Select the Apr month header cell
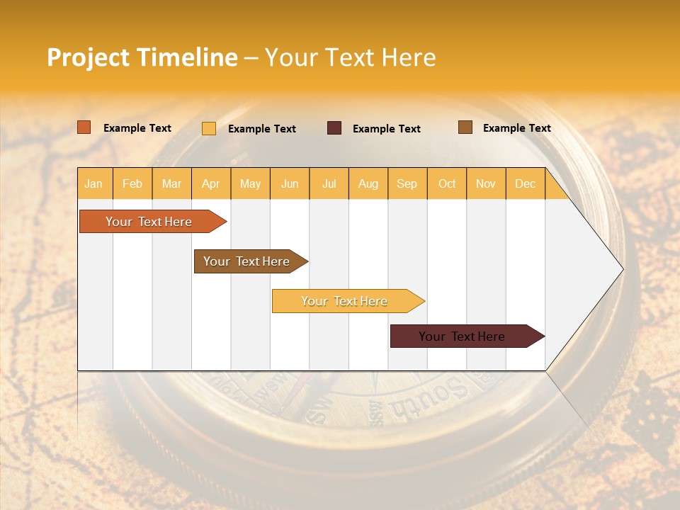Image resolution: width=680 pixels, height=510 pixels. [211, 183]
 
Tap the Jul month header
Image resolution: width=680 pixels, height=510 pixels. [329, 183]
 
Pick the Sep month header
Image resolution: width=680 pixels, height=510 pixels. [407, 183]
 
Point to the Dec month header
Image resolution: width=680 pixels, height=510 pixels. [525, 183]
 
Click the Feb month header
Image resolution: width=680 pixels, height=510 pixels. [132, 183]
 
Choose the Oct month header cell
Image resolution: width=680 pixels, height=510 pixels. [447, 183]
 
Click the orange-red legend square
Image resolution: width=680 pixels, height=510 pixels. [84, 127]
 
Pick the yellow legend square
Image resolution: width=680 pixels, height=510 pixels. [209, 128]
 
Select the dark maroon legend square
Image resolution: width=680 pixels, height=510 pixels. [334, 128]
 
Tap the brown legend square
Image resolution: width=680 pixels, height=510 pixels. [465, 127]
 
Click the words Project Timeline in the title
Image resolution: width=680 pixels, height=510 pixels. [142, 57]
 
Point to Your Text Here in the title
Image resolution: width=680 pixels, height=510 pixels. [351, 57]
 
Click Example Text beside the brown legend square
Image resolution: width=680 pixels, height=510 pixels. [516, 128]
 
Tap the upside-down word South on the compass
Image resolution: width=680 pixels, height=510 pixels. [428, 397]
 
